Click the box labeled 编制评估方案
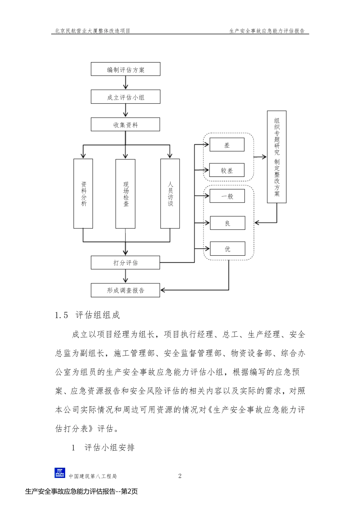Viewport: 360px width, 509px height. pos(125,70)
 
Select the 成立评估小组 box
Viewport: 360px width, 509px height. pos(125,97)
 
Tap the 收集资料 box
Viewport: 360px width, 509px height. pos(125,125)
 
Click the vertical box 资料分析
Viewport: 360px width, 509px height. pos(83,194)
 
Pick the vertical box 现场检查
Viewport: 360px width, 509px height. pos(125,194)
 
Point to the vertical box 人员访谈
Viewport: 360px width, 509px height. pos(170,194)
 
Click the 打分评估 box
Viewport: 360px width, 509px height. pos(125,262)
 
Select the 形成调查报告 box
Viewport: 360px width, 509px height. pos(125,290)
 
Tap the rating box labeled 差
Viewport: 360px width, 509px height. pos(227,145)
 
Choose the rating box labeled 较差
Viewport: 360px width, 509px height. pos(227,170)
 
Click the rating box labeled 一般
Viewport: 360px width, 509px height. pos(227,196)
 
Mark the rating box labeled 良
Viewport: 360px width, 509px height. pos(227,223)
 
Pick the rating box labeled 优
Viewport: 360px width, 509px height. pos(227,249)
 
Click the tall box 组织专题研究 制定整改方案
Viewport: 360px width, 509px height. pos(277,157)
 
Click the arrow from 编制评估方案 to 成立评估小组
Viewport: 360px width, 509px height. pos(125,83)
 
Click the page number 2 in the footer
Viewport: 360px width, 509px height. pos(180,476)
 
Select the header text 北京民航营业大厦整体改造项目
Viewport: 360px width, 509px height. pos(92,31)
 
